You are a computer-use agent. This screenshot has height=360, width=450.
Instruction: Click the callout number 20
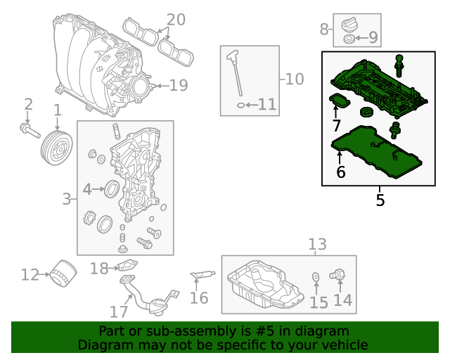pos(176,20)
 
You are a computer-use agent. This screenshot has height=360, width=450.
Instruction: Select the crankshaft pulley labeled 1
pos(56,148)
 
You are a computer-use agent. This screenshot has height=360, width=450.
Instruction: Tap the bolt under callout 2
pos(30,130)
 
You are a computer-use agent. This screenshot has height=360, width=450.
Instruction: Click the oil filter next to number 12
pos(63,273)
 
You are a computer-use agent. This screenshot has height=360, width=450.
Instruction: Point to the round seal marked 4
pos(112,188)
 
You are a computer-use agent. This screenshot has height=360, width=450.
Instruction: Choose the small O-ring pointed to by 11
pos(240,105)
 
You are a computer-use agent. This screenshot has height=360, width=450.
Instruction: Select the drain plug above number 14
pos(337,275)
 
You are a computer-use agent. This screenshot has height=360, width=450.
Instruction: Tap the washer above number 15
pos(316,277)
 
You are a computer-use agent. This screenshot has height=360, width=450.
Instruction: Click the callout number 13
pos(317,244)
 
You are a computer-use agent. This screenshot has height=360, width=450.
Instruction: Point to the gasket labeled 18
pos(127,265)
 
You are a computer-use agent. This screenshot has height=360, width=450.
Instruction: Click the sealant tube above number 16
pos(202,275)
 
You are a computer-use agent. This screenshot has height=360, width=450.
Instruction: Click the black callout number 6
pos(340,172)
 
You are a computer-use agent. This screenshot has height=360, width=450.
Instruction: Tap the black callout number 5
pos(380,200)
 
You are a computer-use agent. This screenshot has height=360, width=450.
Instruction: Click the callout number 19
pos(179,85)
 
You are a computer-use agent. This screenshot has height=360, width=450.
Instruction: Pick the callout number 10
pos(295,79)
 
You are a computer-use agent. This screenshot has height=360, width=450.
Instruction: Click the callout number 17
pos(119,311)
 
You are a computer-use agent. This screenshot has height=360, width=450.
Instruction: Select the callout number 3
pos(67,199)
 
